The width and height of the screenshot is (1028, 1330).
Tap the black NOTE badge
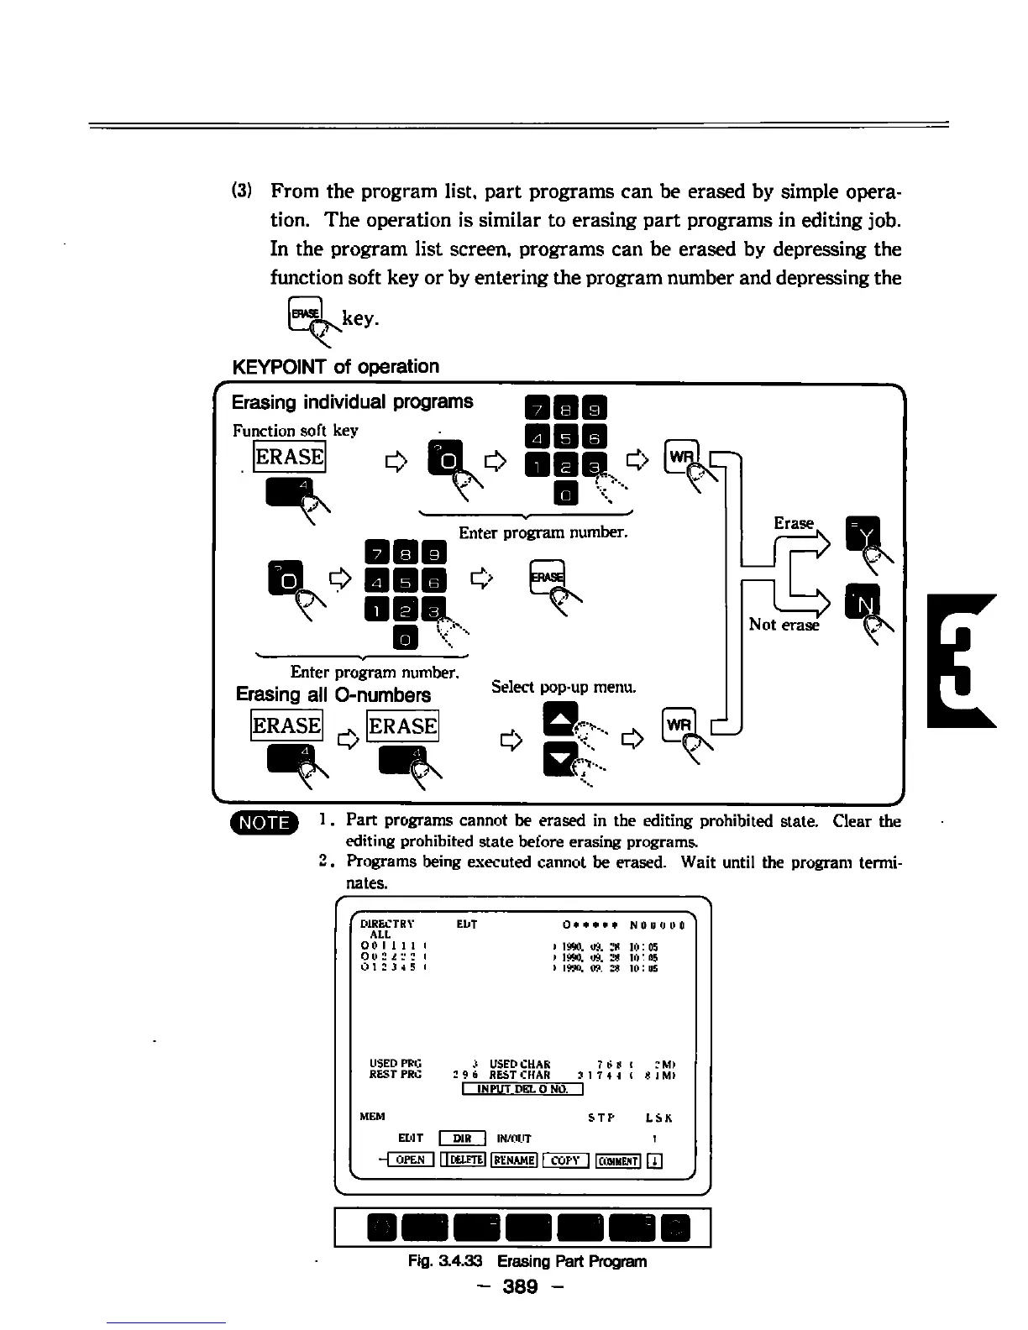(264, 822)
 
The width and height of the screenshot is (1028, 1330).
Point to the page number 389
(520, 1285)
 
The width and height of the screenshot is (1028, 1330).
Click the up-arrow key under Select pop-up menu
(560, 718)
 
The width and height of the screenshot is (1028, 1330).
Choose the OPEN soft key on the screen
(410, 1160)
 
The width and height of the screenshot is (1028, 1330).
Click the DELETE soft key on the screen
(463, 1160)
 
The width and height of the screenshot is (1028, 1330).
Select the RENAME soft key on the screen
(514, 1160)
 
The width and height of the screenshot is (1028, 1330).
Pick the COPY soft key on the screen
(566, 1160)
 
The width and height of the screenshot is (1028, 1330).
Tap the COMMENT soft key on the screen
(618, 1160)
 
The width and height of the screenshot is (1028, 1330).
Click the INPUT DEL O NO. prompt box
(522, 1089)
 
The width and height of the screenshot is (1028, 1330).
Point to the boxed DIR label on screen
(463, 1139)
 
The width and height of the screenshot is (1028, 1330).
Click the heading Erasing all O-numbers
(333, 695)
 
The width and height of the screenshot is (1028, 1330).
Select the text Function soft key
(295, 431)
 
